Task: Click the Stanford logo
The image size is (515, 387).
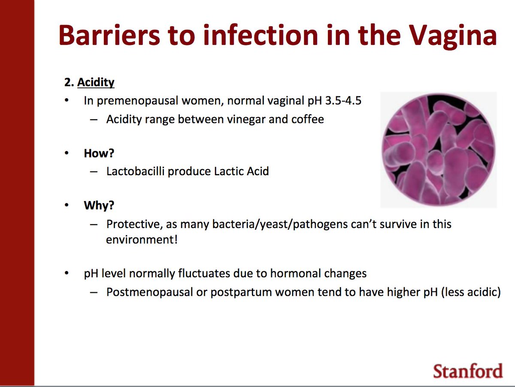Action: point(467,370)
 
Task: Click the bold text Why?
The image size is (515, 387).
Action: point(99,206)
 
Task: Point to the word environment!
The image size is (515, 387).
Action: point(142,239)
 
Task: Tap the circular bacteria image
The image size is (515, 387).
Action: point(438,150)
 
